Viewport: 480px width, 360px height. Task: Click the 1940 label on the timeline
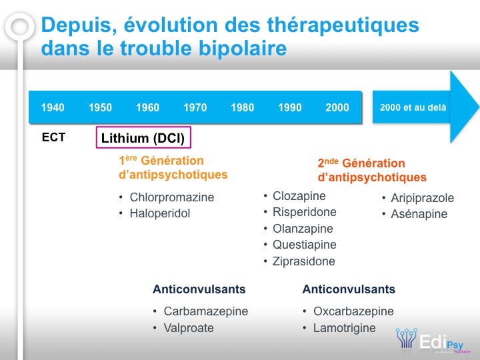pos(53,107)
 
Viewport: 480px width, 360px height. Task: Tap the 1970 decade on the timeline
pos(195,107)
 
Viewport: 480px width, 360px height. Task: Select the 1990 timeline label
pos(290,107)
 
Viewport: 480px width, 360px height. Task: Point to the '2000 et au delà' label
pos(413,107)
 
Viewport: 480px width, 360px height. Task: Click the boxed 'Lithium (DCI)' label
pos(143,138)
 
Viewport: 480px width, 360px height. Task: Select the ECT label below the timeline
pos(53,137)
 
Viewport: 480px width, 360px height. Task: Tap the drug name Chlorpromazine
pos(172,197)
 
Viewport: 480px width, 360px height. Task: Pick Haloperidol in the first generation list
pos(160,213)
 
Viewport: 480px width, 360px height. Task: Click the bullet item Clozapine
pos(299,196)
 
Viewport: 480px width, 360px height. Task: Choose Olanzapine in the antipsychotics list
pos(303,229)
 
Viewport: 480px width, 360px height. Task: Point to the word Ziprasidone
pos(304,261)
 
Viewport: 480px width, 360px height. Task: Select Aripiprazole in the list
pos(423,198)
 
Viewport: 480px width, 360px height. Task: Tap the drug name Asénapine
pos(419,214)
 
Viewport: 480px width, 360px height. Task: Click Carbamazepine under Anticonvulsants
pos(206,311)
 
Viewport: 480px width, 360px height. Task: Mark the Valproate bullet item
pos(189,328)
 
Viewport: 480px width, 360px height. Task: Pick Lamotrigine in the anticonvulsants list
pos(345,328)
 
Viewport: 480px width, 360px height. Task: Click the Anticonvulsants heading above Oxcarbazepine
pos(349,289)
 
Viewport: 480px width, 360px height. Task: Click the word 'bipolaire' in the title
pos(243,49)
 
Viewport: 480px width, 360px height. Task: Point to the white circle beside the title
pos(20,26)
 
